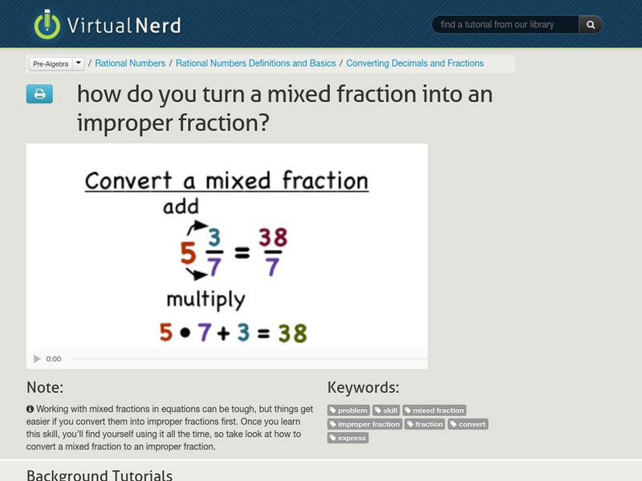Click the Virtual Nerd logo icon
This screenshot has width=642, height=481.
(47, 24)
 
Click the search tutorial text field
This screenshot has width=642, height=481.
(505, 25)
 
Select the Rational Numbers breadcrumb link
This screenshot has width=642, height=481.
(130, 63)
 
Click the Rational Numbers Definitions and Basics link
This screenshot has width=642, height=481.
(255, 63)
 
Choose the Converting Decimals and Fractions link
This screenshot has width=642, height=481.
(415, 63)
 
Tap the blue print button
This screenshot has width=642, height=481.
(39, 95)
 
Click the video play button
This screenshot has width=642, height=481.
(37, 359)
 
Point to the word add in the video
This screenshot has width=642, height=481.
(181, 208)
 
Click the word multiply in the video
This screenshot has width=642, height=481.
(205, 300)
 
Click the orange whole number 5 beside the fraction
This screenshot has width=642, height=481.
(188, 253)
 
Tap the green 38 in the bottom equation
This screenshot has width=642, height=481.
(293, 332)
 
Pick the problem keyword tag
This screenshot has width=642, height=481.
(348, 410)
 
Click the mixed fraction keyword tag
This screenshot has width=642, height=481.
(434, 410)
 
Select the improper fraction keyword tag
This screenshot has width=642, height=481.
(364, 424)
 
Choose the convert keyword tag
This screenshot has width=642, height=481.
(468, 424)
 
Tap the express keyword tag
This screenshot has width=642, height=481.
(347, 438)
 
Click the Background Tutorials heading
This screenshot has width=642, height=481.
(100, 475)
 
